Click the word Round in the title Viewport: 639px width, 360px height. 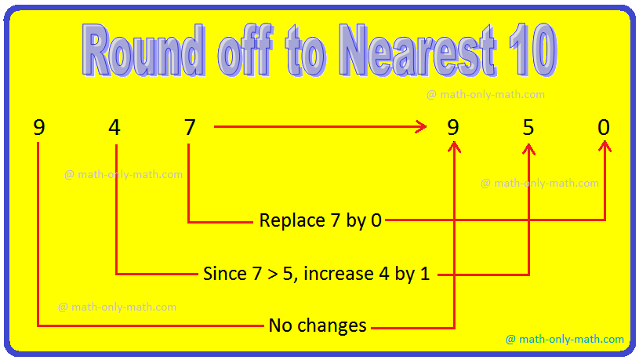[x=143, y=49]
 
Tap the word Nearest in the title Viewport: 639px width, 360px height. [x=418, y=49]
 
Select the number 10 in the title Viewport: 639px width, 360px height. [x=532, y=49]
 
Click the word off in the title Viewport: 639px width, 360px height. [x=245, y=49]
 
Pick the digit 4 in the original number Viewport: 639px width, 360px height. [x=114, y=127]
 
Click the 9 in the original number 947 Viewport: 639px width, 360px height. [x=39, y=127]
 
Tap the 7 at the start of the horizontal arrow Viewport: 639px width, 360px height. [x=190, y=127]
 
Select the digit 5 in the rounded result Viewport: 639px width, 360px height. [x=528, y=127]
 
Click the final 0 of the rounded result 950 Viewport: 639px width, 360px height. [x=604, y=127]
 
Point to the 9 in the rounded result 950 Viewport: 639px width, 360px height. [x=453, y=127]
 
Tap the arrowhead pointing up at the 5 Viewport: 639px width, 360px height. [x=528, y=149]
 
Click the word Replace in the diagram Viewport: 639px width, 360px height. [x=292, y=220]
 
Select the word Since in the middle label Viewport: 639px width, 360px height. [x=225, y=273]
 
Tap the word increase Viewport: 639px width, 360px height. [x=339, y=273]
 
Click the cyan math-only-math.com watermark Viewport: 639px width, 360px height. [x=565, y=339]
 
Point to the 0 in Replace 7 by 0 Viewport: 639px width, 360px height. [x=376, y=220]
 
